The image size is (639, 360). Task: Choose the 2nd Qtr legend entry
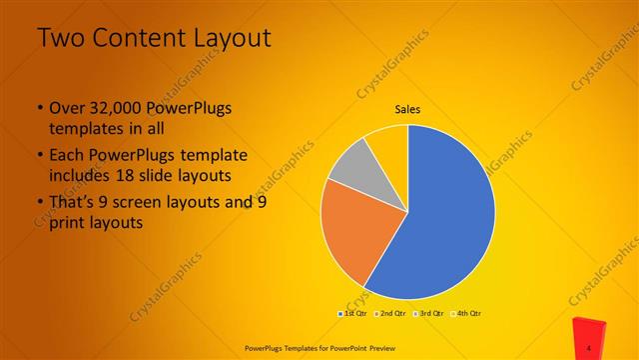coord(391,314)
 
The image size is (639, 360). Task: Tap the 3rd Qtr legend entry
coord(429,314)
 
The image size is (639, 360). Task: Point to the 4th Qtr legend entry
coord(467,314)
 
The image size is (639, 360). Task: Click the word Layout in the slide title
coord(227,39)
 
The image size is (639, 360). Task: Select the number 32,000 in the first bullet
coord(118,108)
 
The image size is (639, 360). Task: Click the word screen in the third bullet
coord(151,203)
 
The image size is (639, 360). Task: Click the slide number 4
coord(589,347)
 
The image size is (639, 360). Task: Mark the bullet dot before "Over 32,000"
coord(39,108)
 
